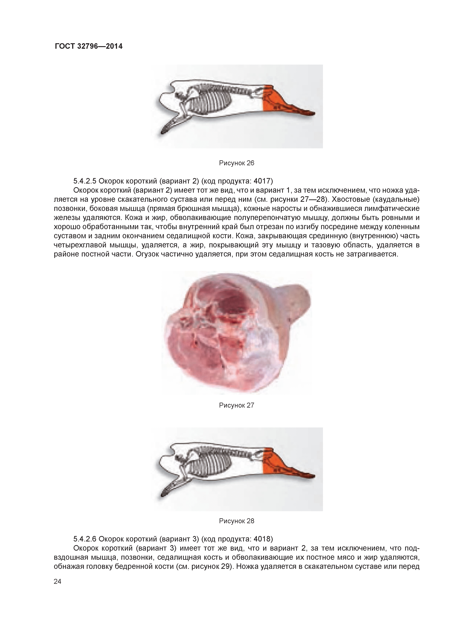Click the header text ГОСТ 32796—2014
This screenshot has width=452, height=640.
click(x=89, y=46)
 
